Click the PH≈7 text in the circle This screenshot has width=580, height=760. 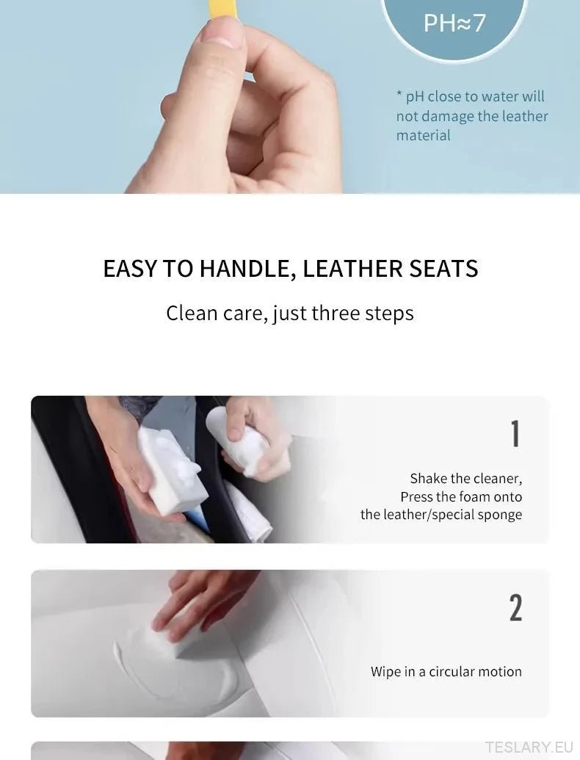click(454, 23)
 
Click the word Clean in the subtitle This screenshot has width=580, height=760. click(192, 313)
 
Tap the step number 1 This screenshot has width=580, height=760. click(515, 433)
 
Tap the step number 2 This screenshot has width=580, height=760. click(515, 607)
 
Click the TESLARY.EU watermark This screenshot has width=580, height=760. click(529, 747)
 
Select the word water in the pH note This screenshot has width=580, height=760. click(499, 96)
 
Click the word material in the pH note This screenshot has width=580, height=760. click(423, 135)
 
